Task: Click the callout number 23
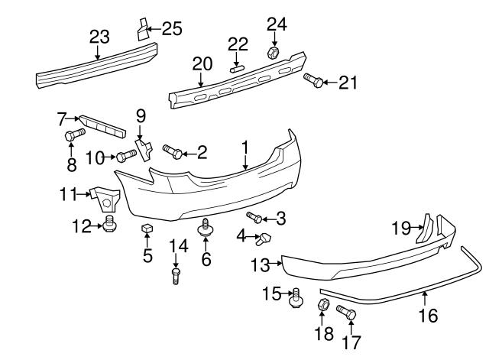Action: pyautogui.click(x=99, y=37)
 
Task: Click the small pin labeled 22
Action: pyautogui.click(x=237, y=67)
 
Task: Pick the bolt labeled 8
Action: pyautogui.click(x=72, y=138)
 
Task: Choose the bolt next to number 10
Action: pyautogui.click(x=126, y=157)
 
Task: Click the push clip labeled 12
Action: pyautogui.click(x=109, y=225)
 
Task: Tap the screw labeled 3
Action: pyautogui.click(x=254, y=219)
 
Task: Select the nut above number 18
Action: pyautogui.click(x=322, y=306)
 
